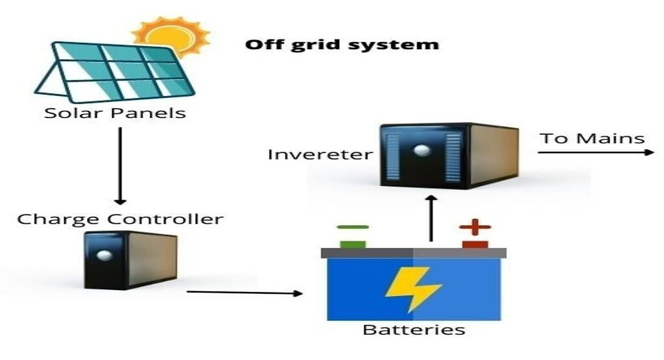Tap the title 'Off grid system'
[342, 45]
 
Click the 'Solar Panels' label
[115, 113]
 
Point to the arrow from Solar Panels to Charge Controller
[119, 165]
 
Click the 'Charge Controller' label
[120, 218]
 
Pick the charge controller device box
[130, 259]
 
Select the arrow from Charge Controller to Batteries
[244, 293]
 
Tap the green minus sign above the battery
[353, 227]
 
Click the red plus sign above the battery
[475, 228]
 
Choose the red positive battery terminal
[475, 244]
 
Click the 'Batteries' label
[414, 330]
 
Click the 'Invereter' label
[320, 154]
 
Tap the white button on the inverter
[423, 151]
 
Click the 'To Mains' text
[593, 138]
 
